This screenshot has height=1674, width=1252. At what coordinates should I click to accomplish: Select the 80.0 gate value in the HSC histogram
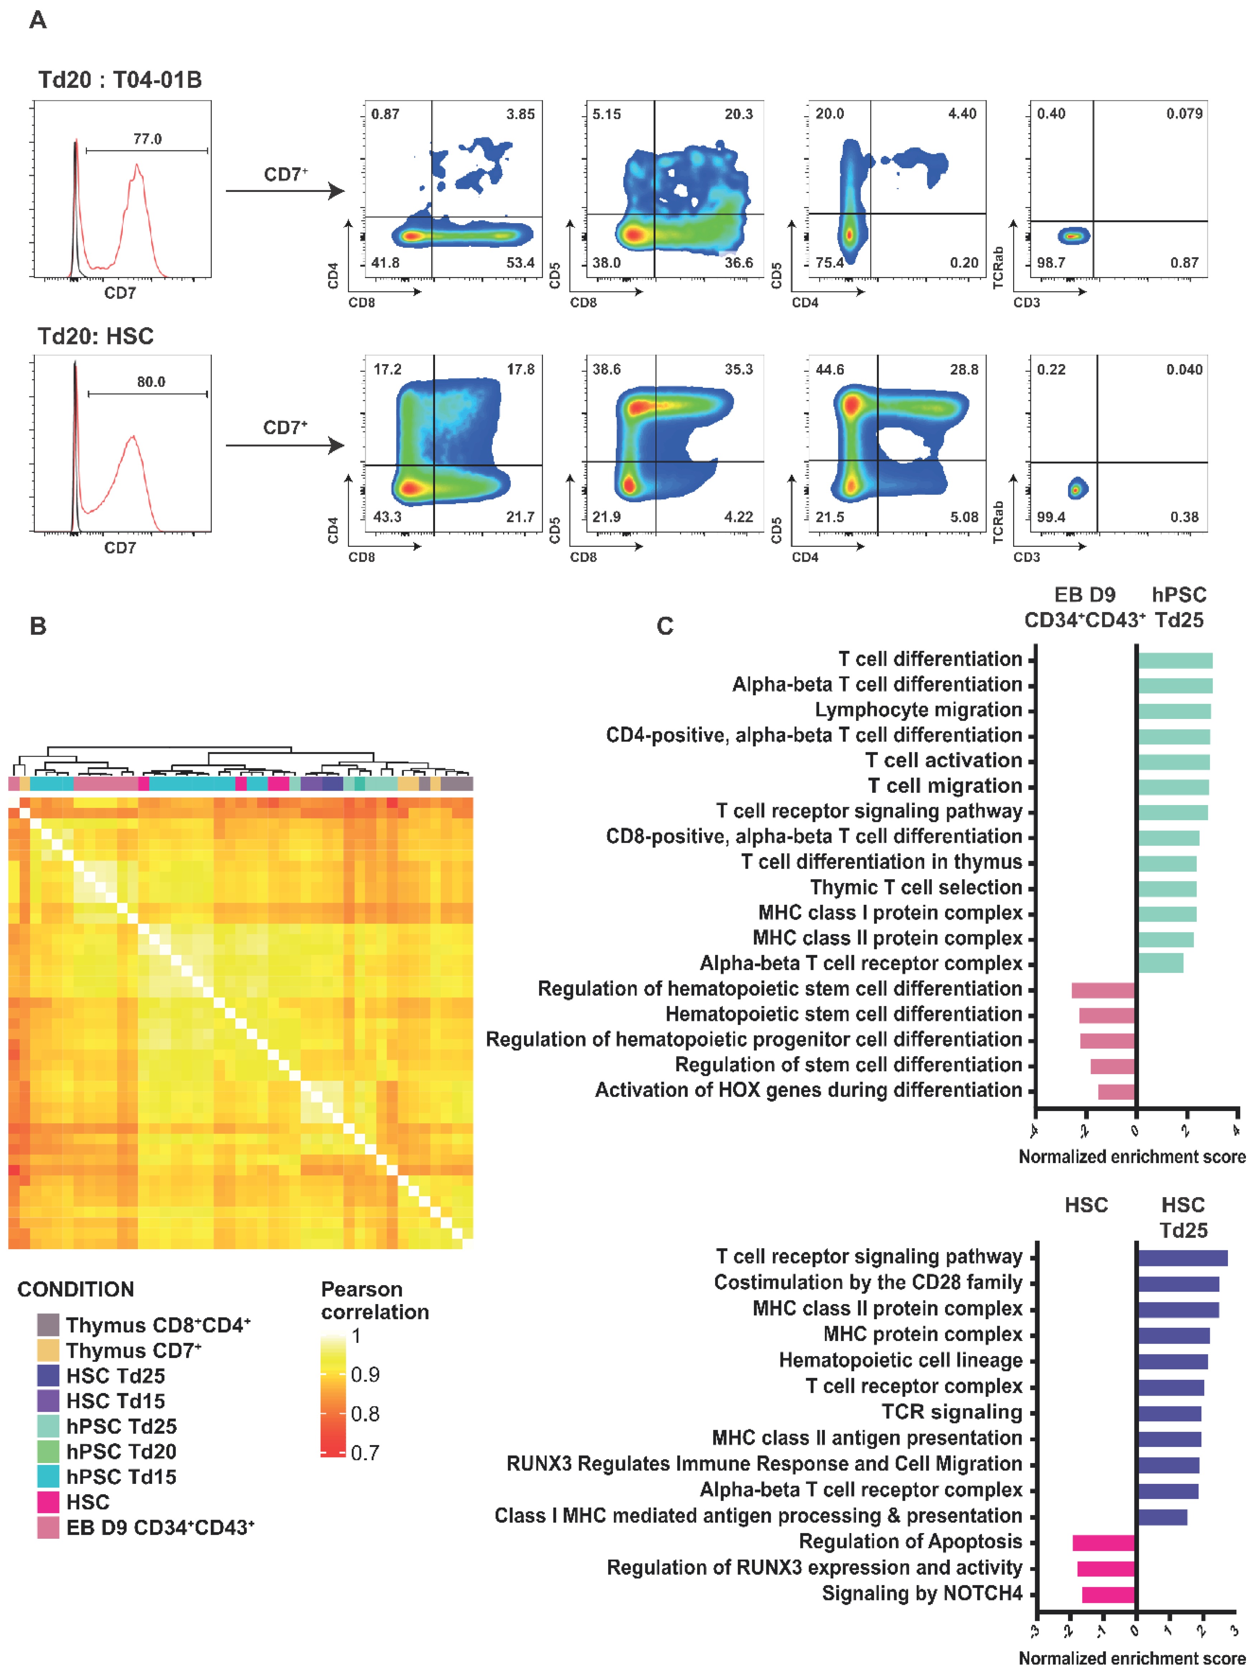[151, 382]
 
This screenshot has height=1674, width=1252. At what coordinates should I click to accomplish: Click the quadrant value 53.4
[520, 263]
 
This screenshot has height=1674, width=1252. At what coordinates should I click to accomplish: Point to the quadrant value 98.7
[1052, 263]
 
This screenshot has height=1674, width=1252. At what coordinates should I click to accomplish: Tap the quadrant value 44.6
[830, 369]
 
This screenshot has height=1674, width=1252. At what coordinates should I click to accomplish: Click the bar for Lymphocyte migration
[1174, 711]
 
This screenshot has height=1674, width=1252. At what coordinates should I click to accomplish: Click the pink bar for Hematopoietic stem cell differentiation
[1107, 1015]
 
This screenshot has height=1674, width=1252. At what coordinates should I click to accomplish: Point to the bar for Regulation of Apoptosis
[1104, 1542]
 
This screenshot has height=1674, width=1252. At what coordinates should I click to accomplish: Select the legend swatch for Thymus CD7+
[48, 1350]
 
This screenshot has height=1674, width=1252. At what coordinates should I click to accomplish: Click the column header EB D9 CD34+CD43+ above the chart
[1084, 608]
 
